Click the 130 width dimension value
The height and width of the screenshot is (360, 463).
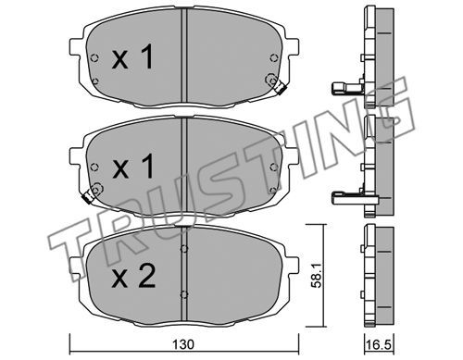coord(183,345)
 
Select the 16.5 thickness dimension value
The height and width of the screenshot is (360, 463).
coord(379,345)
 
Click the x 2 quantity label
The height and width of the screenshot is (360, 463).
coord(133,277)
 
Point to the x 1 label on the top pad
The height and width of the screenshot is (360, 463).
coord(132,56)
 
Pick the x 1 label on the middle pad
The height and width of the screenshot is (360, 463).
coord(132,167)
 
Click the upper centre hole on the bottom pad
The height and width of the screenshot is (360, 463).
coord(184,249)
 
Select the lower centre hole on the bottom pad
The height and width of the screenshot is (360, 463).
coord(184,294)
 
